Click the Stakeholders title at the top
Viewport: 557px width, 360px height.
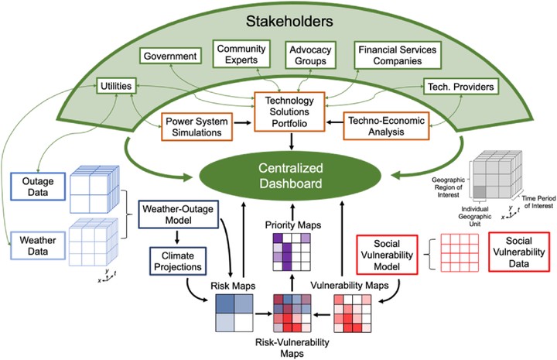[289, 22]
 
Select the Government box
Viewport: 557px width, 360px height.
[170, 56]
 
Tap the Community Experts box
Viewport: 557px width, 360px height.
[241, 54]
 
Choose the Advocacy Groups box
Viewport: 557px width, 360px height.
[310, 55]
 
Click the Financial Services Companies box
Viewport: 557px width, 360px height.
[398, 55]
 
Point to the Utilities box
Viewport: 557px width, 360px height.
[116, 86]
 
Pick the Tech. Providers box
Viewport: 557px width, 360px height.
[461, 87]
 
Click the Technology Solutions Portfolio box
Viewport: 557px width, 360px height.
[289, 111]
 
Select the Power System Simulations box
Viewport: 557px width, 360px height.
[196, 127]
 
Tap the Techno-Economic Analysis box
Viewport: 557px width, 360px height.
[386, 126]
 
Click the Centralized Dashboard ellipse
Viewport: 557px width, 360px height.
[290, 176]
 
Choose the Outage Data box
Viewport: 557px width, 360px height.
[38, 187]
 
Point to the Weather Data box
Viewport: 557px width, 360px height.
[38, 245]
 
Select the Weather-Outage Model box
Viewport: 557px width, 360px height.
[178, 214]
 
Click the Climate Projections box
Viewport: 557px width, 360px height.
[178, 261]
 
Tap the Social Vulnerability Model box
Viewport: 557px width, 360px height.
[387, 255]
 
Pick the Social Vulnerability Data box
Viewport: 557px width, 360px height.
[519, 252]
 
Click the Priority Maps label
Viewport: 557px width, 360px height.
[292, 225]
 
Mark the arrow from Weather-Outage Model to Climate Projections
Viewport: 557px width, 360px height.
[177, 238]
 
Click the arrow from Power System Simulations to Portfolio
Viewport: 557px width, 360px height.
[243, 122]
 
